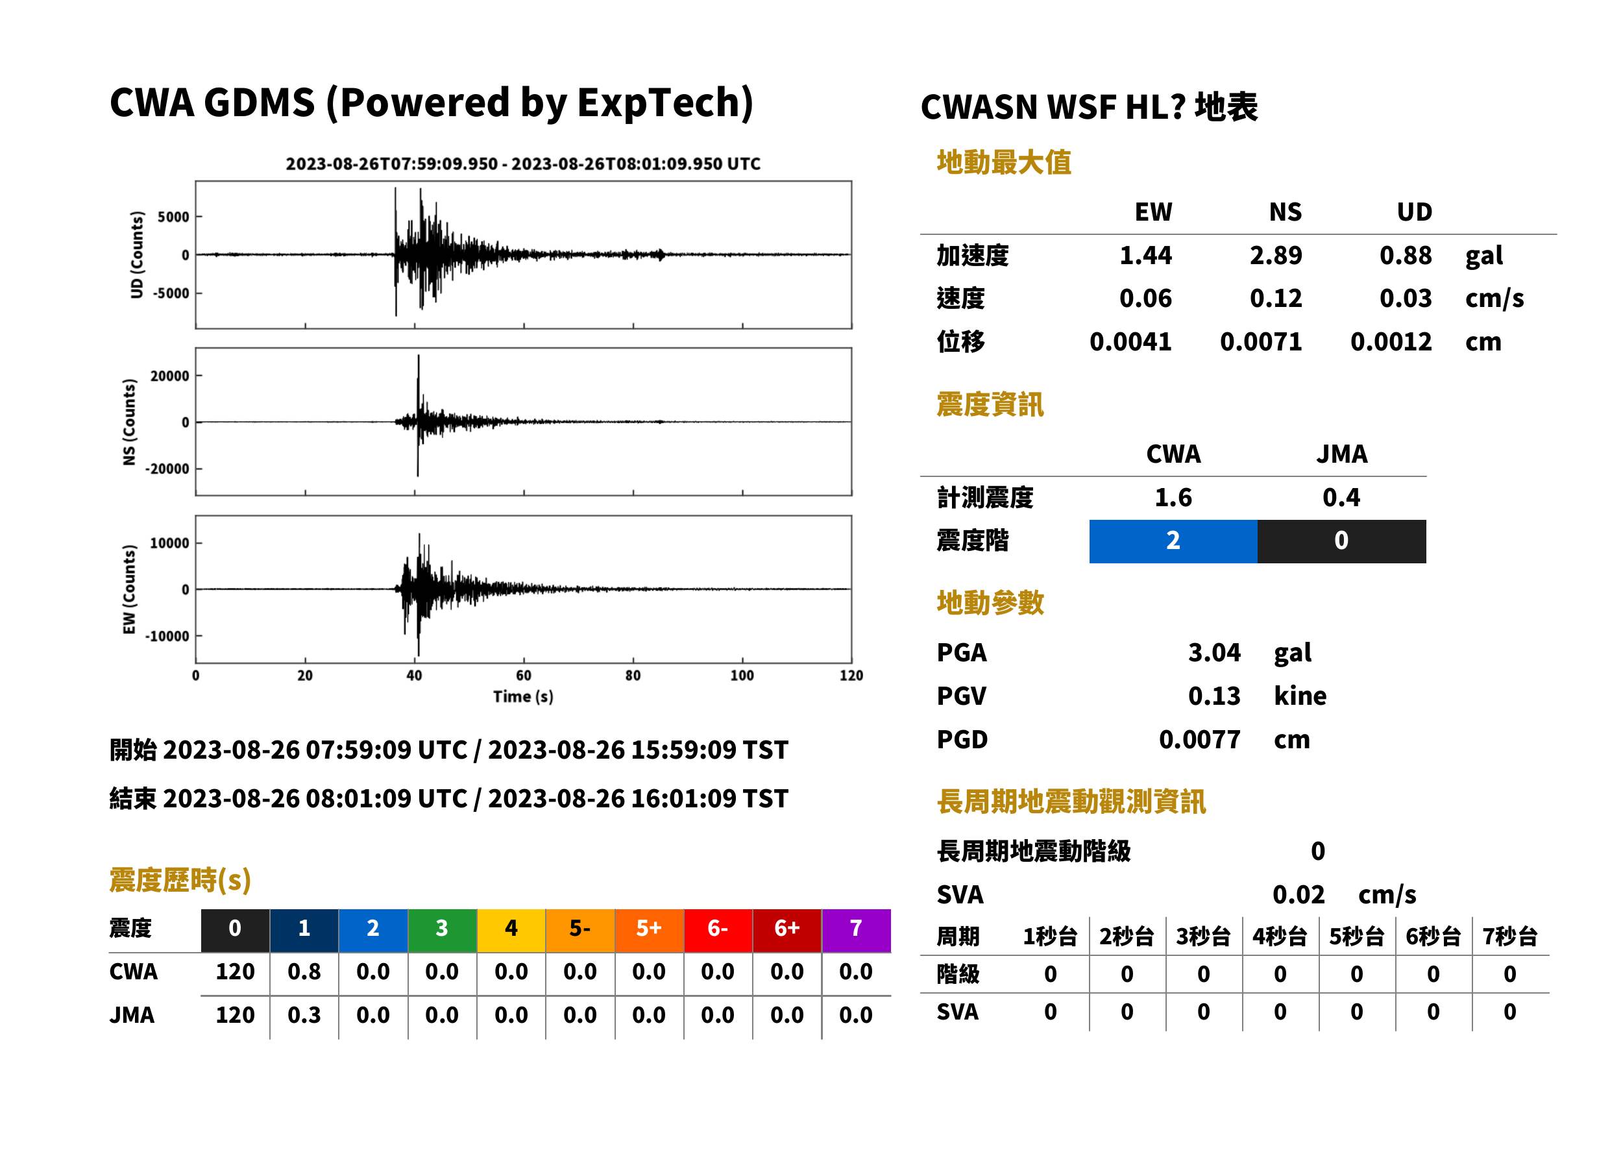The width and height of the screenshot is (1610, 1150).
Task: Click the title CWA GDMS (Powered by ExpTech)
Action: pos(431,103)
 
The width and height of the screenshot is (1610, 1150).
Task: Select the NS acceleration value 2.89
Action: pos(1275,255)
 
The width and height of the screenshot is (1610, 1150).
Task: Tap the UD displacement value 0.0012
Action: pos(1391,341)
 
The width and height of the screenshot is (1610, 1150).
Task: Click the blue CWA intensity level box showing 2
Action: pos(1173,541)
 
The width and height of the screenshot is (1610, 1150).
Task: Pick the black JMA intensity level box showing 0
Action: pos(1342,541)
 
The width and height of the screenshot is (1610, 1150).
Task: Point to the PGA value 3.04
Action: pos(1214,652)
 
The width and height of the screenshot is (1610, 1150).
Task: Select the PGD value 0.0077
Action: pos(1199,739)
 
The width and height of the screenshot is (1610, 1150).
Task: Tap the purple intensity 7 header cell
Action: pos(856,928)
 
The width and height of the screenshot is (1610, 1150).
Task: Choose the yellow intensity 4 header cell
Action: pos(511,928)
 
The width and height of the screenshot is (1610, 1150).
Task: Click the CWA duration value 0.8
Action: pos(304,972)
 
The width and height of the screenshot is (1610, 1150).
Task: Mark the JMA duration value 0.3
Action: pos(304,1015)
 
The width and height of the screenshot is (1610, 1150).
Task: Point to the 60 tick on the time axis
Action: pos(523,675)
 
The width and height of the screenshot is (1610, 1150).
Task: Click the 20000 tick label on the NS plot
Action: pos(169,375)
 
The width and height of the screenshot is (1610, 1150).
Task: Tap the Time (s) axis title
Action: pos(523,696)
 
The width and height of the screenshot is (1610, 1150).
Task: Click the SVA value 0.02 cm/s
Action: pos(1344,894)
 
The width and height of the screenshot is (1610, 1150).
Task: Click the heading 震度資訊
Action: pos(990,404)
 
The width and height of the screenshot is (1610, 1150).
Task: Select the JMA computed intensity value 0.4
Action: pos(1341,497)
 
